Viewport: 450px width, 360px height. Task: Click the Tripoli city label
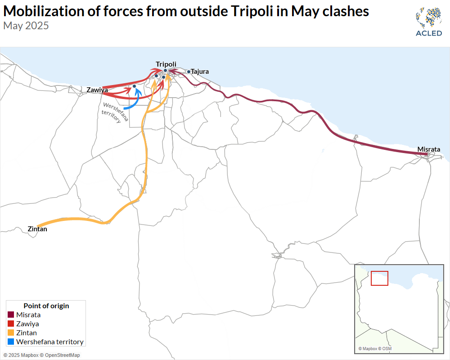point(166,64)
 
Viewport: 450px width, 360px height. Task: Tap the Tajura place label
point(200,72)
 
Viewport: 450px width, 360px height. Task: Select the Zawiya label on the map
point(97,90)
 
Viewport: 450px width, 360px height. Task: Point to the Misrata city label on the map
point(428,149)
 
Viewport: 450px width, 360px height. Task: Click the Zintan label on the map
point(37,229)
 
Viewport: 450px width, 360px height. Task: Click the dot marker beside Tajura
point(189,72)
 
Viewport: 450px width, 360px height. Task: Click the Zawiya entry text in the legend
point(27,324)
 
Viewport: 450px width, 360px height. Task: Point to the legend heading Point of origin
point(46,306)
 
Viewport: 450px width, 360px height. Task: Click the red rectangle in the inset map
point(379,278)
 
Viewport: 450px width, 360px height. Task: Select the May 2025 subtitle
point(26,26)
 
